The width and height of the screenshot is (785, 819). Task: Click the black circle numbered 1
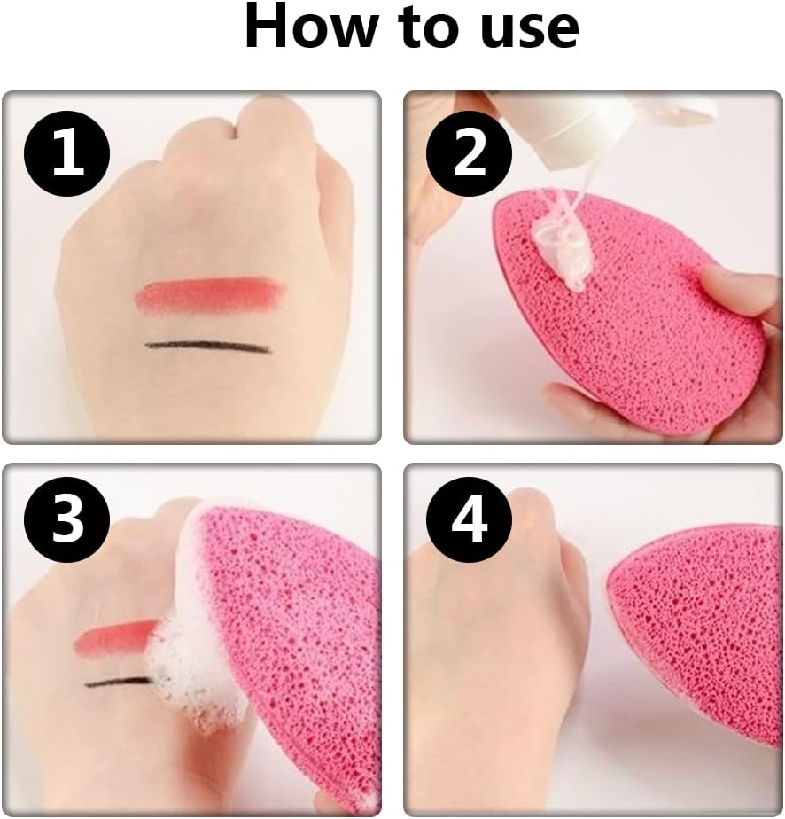(x=67, y=153)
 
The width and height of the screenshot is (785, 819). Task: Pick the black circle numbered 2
(x=469, y=153)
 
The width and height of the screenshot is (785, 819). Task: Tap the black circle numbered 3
(x=67, y=519)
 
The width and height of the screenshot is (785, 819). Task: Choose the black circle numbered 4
(x=469, y=519)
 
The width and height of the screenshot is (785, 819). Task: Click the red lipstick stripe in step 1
(x=211, y=293)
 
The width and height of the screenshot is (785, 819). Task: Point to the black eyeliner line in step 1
(x=207, y=347)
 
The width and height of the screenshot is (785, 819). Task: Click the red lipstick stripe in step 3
(x=116, y=637)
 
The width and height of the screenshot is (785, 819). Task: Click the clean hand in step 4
(x=501, y=653)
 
